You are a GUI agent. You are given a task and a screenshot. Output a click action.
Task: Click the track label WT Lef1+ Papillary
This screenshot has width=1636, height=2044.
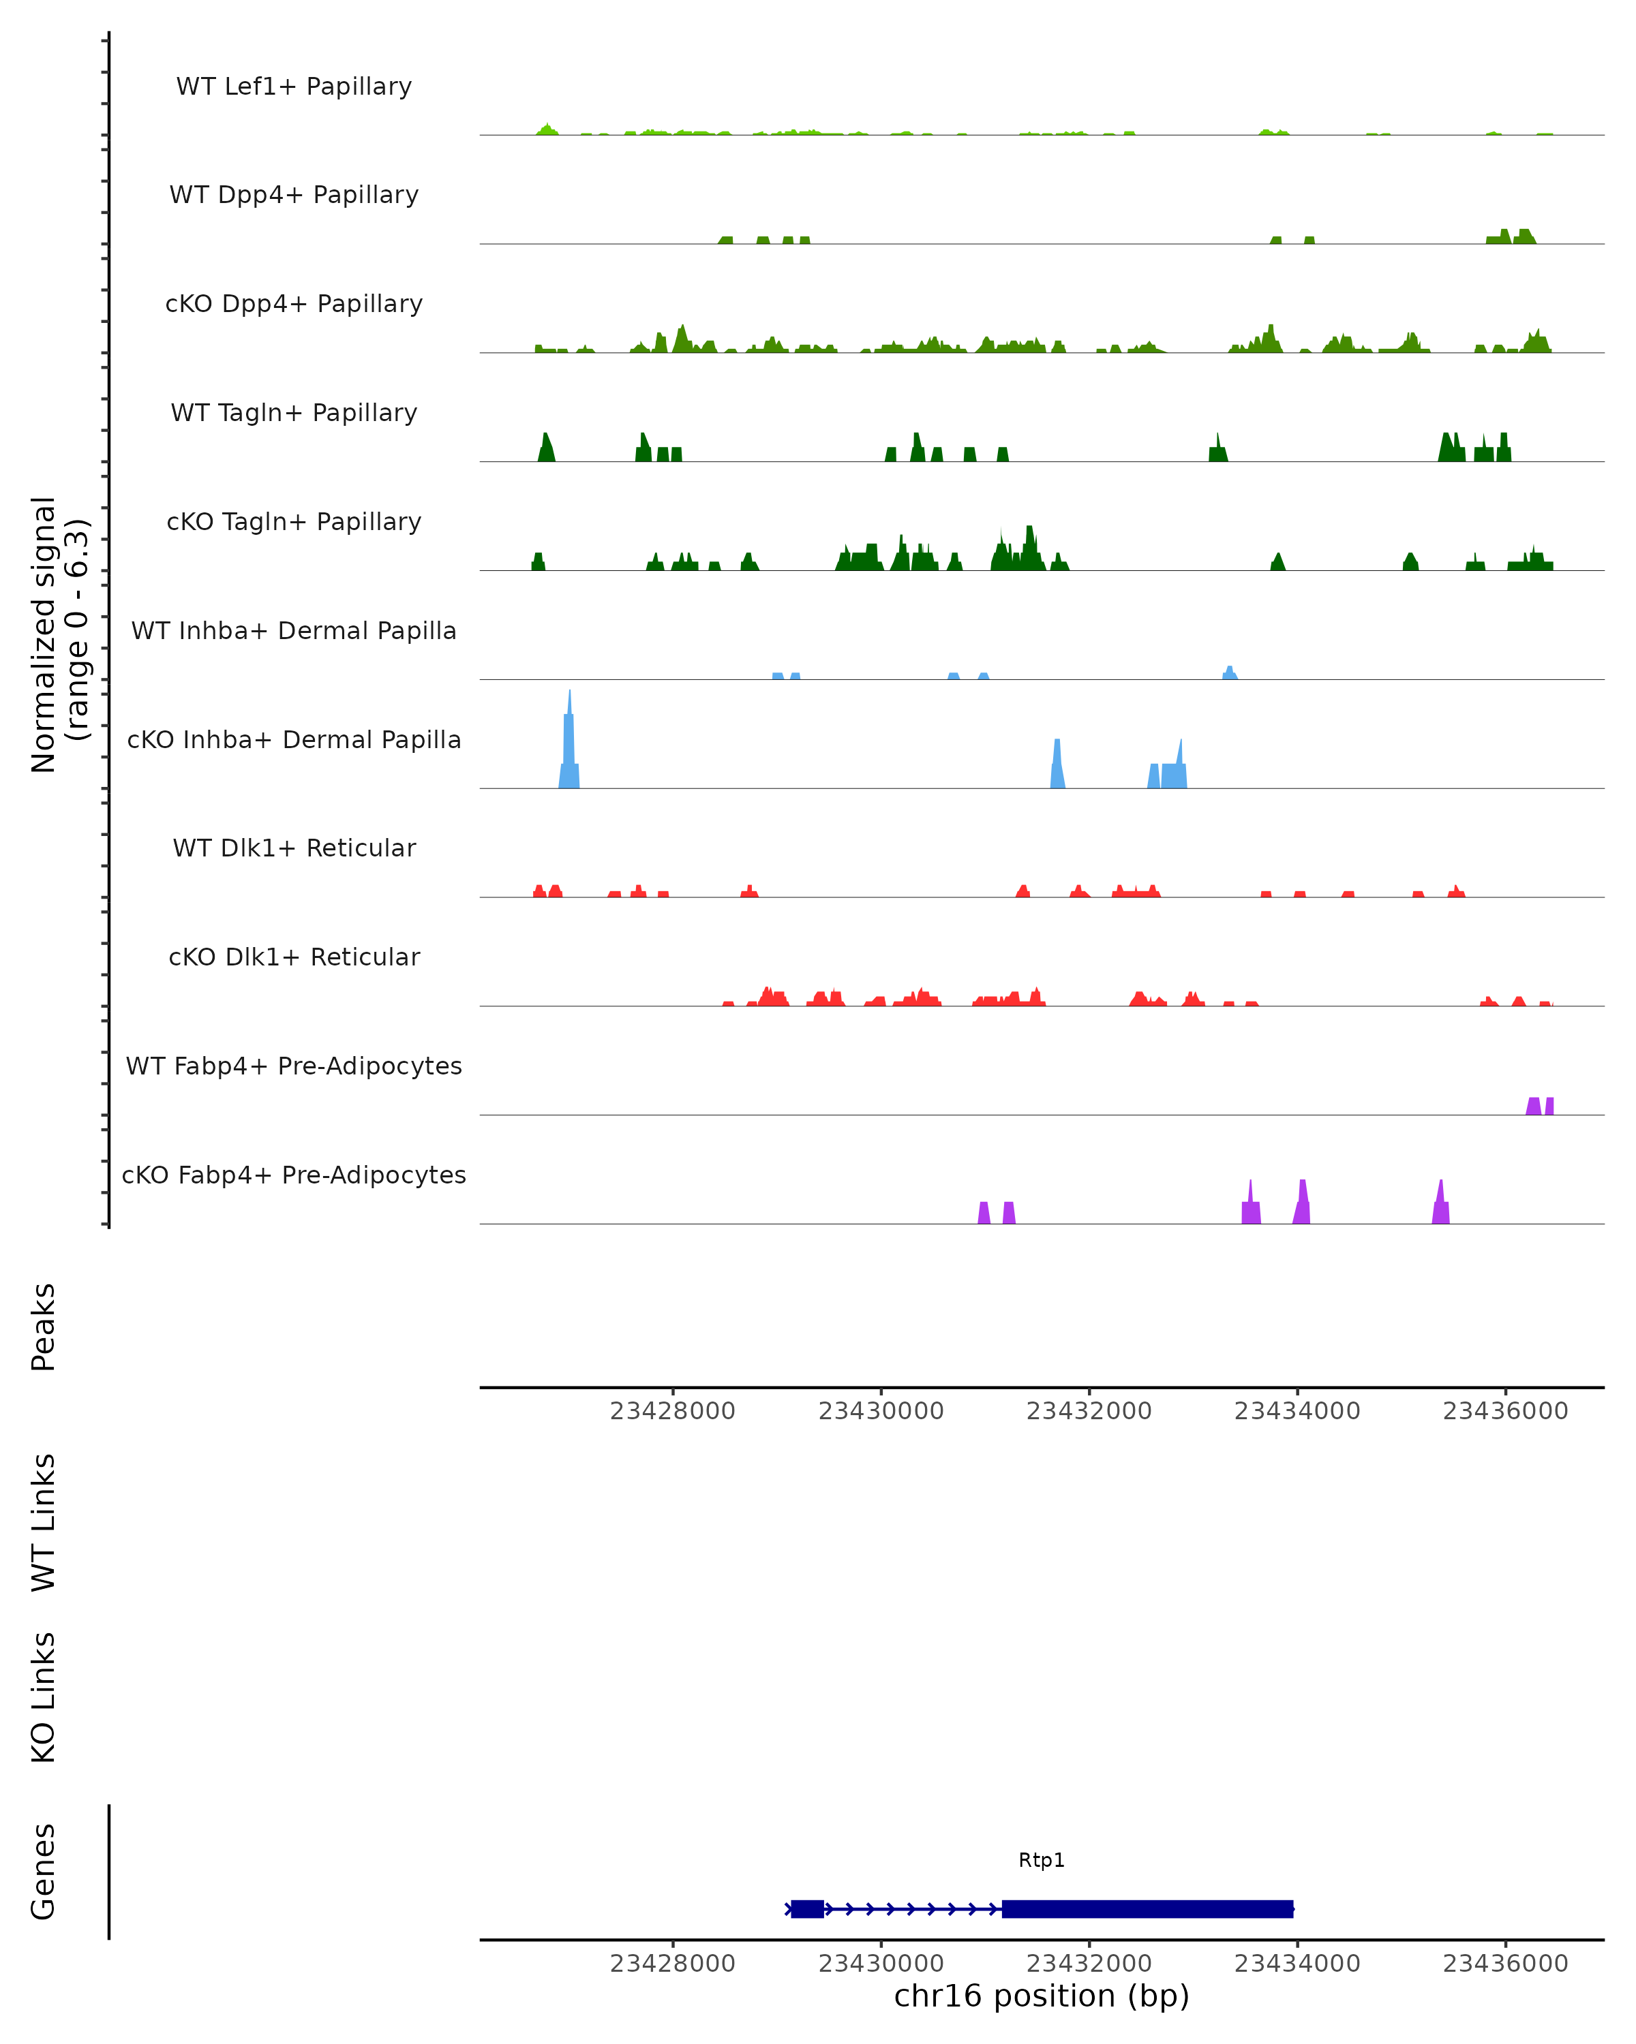(x=294, y=87)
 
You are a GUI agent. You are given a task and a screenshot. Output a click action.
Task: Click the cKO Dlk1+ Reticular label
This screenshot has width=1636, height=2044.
(x=294, y=957)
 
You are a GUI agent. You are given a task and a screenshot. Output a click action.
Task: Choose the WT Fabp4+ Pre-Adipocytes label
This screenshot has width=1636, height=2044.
(x=294, y=1066)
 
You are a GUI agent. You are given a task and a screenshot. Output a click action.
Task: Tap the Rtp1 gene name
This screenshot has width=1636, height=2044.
(x=1042, y=1860)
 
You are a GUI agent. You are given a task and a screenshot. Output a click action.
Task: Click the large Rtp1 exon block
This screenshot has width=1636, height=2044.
(x=1147, y=1908)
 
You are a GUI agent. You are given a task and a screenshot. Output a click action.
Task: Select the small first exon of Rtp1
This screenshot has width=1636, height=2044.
(x=807, y=1908)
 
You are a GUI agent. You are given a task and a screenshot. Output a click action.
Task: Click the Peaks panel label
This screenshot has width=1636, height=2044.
(x=44, y=1327)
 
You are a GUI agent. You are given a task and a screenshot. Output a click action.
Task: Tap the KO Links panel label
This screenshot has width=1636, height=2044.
(x=44, y=1697)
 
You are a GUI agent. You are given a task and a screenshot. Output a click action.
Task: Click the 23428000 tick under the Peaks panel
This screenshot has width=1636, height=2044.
(x=672, y=1411)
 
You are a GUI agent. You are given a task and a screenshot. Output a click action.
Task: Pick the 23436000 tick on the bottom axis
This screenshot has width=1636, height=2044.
(x=1505, y=1964)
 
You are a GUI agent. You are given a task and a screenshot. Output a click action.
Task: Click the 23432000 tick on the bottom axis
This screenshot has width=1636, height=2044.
(x=1089, y=1964)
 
